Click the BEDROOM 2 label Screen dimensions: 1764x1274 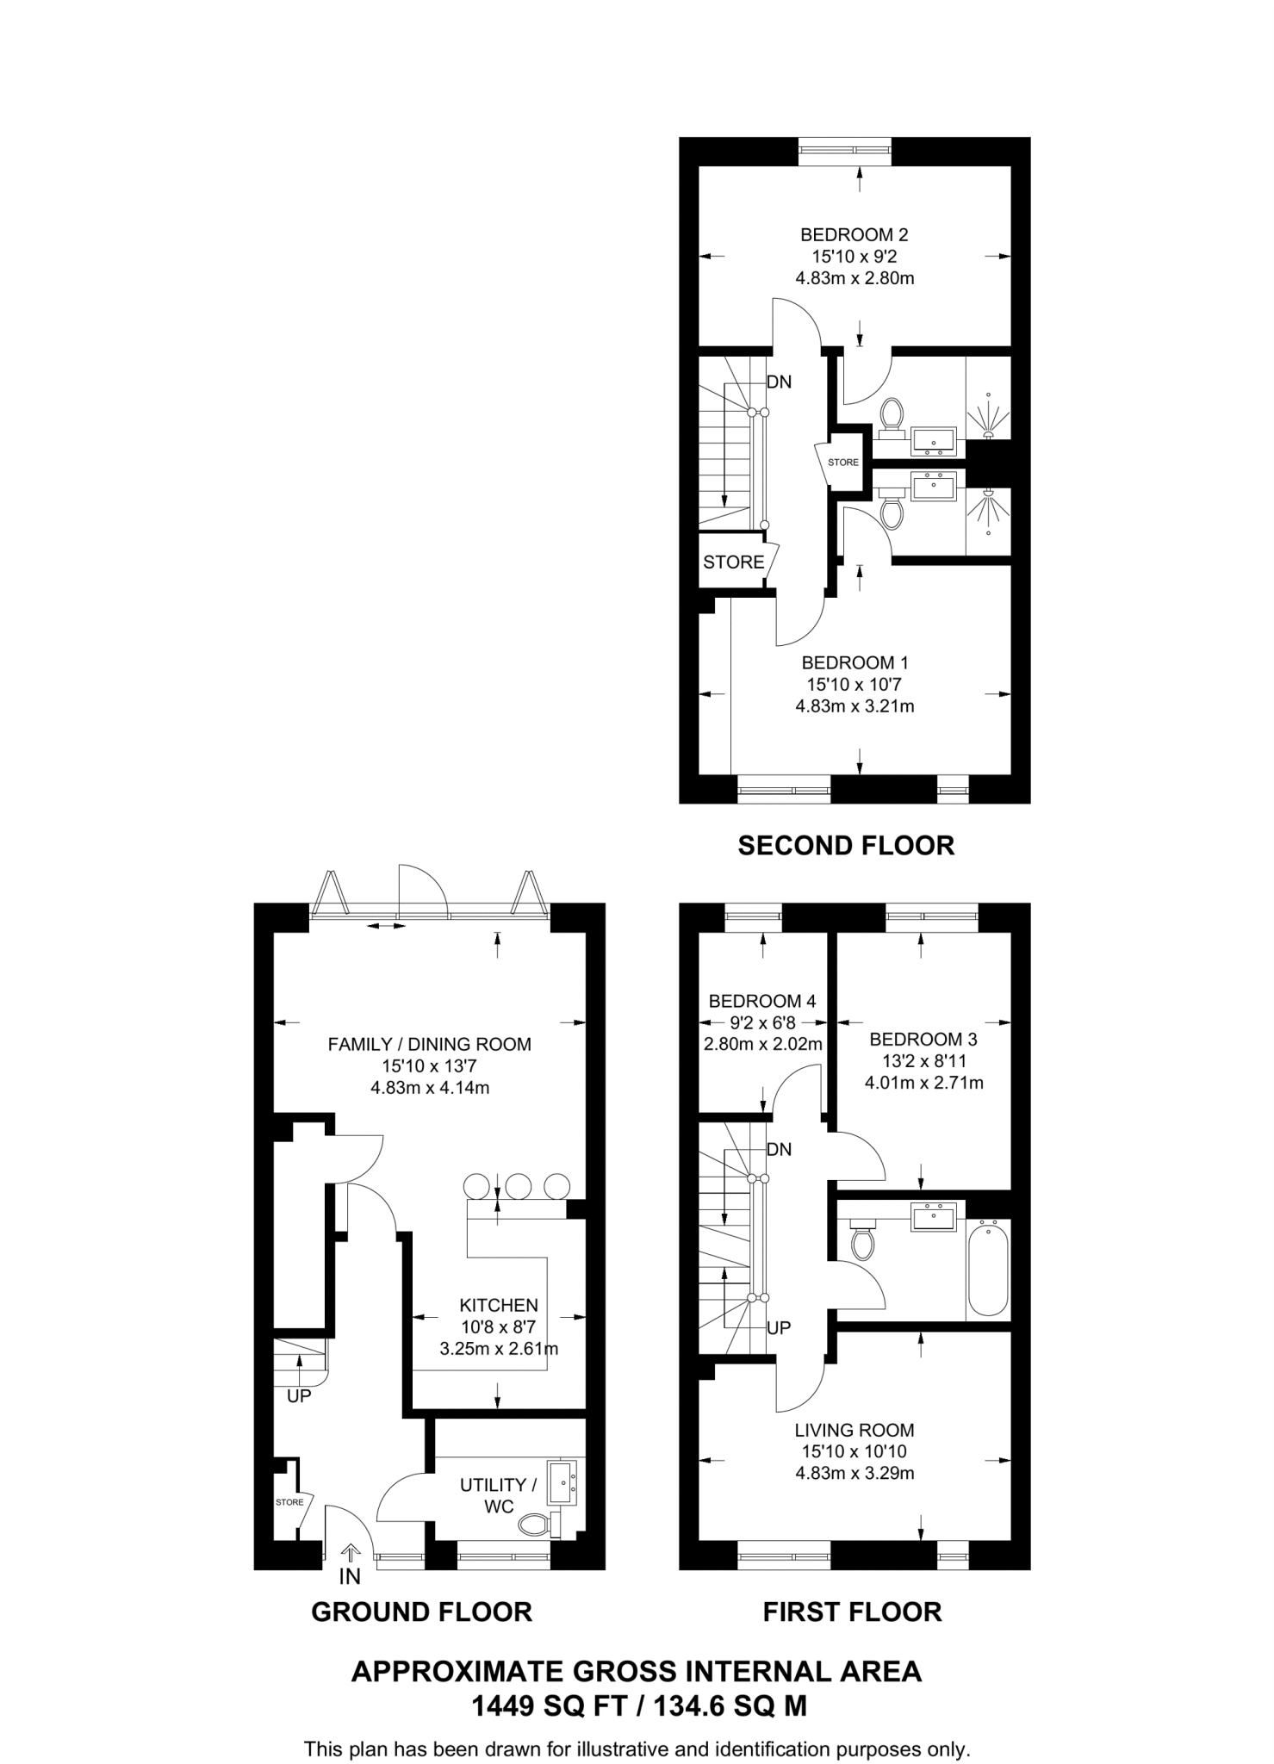[854, 234]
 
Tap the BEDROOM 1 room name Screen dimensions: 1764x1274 [854, 662]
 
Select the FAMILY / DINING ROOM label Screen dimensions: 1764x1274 [429, 1044]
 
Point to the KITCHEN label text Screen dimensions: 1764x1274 [498, 1305]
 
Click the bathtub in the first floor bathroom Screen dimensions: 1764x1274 [988, 1268]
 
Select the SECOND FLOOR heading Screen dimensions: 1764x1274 [846, 845]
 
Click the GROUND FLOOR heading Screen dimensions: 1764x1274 [421, 1612]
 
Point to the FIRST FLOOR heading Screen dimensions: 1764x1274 [852, 1612]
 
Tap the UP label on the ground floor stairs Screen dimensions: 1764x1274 [298, 1396]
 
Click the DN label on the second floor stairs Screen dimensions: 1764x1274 [779, 382]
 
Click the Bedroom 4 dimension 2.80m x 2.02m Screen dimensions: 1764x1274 [762, 1044]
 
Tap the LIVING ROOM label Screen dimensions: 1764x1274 [854, 1430]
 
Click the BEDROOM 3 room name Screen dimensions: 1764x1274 [923, 1039]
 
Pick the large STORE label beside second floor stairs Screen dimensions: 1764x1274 [733, 562]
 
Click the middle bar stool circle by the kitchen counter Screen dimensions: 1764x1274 [519, 1186]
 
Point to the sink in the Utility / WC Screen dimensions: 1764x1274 [565, 1481]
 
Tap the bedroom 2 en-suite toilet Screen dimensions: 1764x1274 [892, 413]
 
